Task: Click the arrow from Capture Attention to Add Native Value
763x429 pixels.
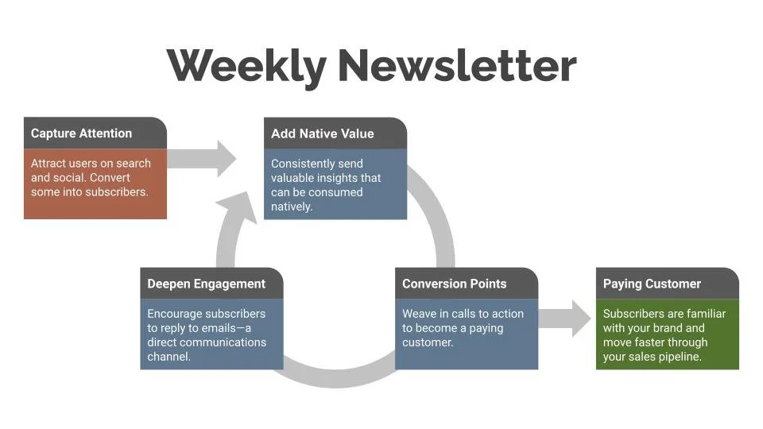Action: [203, 158]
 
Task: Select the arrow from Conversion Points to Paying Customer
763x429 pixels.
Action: [566, 318]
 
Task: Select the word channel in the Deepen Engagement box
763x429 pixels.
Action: [169, 357]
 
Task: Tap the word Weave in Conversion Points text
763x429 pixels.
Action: [419, 314]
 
